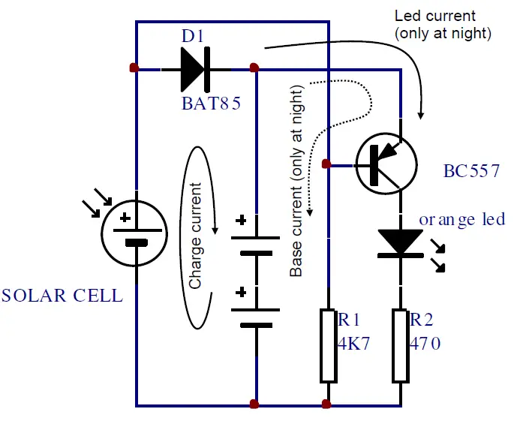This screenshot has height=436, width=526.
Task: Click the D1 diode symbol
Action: point(194,69)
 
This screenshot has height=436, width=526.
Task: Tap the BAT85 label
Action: point(211,104)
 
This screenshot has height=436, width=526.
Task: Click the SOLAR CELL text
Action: point(62,295)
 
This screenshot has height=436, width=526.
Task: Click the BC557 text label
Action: point(471,172)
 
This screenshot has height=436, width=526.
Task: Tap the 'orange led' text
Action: point(461,219)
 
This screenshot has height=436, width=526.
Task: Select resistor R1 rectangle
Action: point(327,345)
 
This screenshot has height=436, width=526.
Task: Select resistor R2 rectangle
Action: point(400,345)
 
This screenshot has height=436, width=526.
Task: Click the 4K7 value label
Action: point(355,344)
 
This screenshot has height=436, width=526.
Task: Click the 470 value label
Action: point(425,344)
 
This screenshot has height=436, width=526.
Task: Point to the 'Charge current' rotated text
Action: point(196,236)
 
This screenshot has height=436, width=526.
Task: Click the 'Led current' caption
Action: point(435,15)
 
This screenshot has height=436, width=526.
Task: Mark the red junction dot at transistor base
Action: point(325,164)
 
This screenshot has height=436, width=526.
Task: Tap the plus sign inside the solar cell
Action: point(124,218)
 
